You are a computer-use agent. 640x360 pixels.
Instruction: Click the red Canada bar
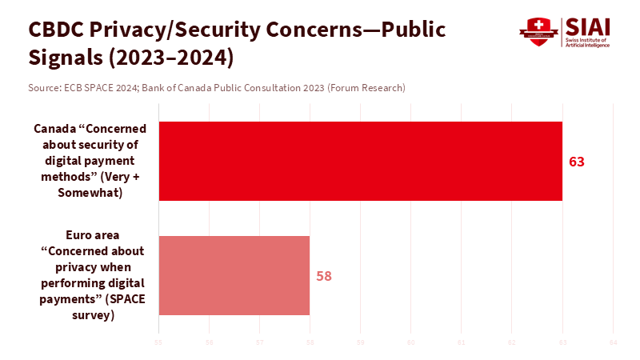coord(360,161)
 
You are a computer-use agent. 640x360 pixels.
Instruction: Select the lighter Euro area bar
coord(234,275)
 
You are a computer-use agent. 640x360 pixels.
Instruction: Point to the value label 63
coord(577,162)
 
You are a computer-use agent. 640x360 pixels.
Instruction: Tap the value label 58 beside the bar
coord(324,276)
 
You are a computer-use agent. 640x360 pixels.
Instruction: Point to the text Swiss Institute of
coord(586,39)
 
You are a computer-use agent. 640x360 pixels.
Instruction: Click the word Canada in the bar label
coord(54,128)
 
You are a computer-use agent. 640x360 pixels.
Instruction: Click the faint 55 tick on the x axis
coord(158,343)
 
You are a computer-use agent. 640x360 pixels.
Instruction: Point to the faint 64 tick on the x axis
coord(613,343)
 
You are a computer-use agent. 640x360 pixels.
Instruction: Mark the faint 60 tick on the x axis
coord(411,343)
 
